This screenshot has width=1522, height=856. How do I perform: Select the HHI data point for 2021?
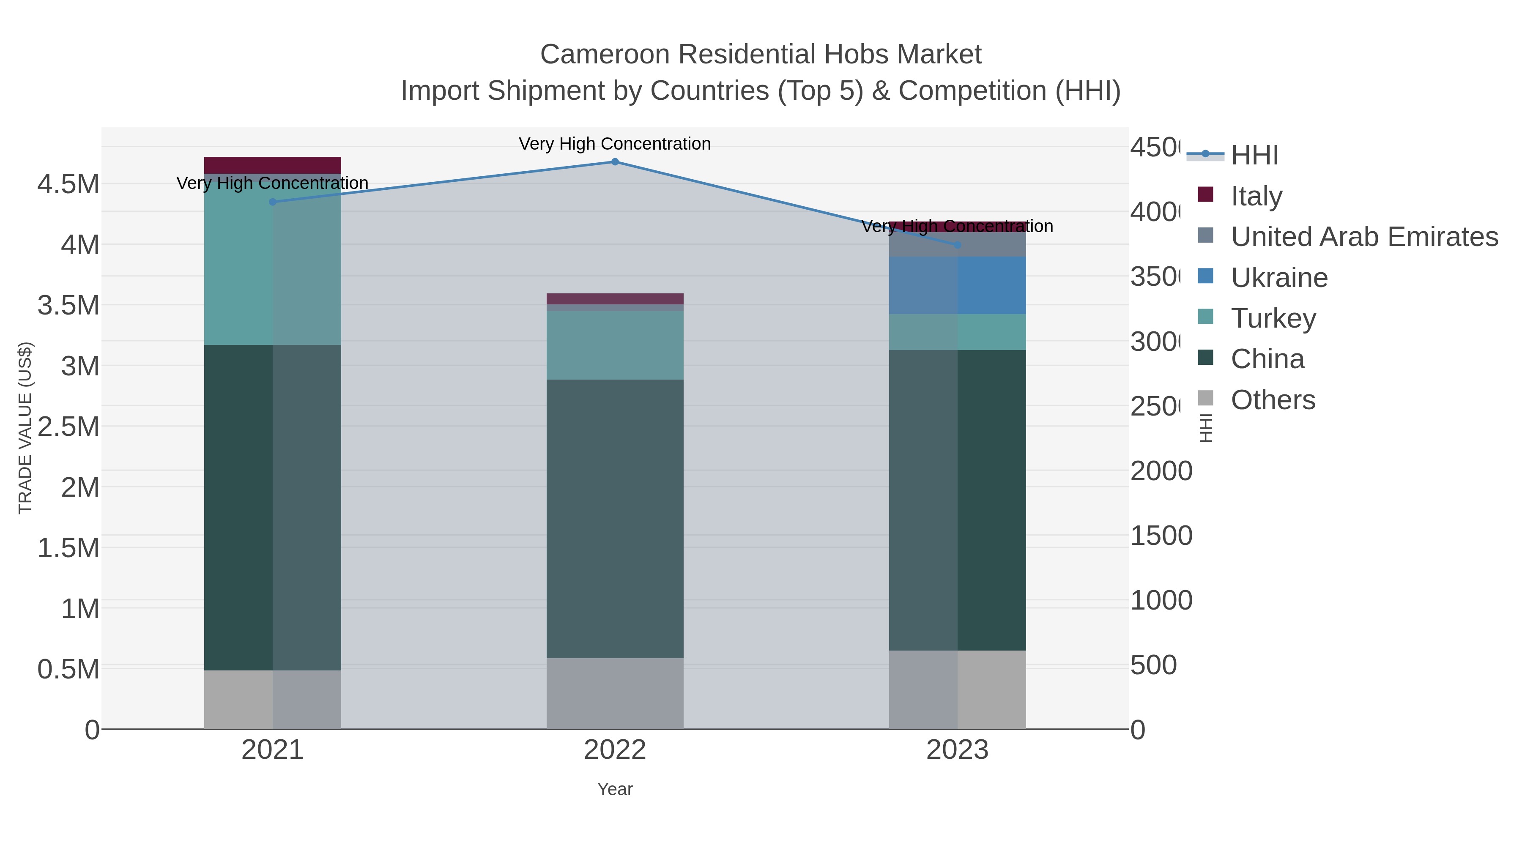point(272,202)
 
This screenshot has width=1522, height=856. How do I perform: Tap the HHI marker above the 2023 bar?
point(957,245)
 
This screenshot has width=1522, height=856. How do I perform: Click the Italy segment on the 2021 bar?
point(272,165)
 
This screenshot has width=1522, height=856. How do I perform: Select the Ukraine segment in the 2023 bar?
point(957,285)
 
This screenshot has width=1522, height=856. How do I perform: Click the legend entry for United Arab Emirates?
point(1363,237)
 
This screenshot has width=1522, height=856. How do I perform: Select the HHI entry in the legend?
point(1254,156)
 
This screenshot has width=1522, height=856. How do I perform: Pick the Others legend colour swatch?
point(1205,399)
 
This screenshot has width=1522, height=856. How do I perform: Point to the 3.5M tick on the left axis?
point(68,306)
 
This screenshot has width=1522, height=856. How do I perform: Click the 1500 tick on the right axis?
point(1161,536)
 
